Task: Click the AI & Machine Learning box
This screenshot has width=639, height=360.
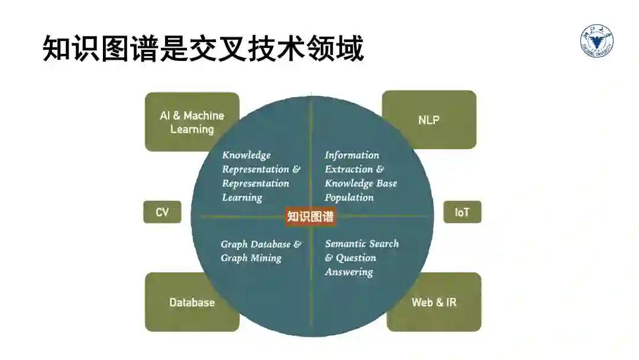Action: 192,122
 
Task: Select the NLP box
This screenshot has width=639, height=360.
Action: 429,120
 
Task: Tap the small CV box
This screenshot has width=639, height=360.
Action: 162,212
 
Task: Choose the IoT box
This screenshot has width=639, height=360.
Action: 462,212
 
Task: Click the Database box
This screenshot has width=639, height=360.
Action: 192,302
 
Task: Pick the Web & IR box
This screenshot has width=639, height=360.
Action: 434,302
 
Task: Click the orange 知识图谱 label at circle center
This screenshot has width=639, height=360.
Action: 311,217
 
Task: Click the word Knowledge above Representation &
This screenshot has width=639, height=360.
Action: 246,155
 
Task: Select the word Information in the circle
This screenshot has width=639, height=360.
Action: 352,155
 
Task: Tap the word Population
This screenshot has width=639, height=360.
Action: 349,198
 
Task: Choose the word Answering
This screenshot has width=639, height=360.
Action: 349,272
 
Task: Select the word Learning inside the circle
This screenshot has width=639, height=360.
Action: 242,198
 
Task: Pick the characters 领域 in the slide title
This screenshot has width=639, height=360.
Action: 343,49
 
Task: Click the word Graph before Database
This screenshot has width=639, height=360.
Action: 234,244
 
